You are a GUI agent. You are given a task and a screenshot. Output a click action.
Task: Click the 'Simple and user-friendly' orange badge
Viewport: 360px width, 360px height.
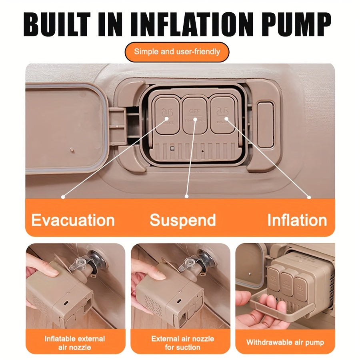click(177, 52)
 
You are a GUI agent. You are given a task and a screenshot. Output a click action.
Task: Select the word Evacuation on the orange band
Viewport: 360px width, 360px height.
click(73, 220)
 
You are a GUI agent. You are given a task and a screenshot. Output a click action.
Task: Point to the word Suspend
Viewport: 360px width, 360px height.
click(183, 220)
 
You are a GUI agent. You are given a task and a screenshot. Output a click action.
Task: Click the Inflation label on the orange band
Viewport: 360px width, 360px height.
click(297, 220)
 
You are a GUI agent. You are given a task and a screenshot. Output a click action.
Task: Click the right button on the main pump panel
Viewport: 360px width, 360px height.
click(224, 114)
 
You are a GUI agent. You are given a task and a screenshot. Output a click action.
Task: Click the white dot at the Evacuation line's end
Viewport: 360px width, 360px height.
click(63, 196)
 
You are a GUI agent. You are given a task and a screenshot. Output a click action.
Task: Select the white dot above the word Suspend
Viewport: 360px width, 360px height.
click(186, 196)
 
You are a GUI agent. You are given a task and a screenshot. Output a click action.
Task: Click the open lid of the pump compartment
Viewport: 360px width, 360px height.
click(64, 128)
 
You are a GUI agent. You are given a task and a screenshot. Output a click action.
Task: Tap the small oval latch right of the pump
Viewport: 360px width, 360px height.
click(265, 124)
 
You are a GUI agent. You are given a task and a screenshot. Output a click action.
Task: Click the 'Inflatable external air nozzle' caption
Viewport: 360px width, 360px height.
click(75, 343)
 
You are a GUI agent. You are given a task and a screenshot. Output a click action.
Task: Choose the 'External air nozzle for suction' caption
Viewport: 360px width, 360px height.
click(182, 343)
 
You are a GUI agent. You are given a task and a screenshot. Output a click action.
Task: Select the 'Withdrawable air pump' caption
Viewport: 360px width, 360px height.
click(285, 342)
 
